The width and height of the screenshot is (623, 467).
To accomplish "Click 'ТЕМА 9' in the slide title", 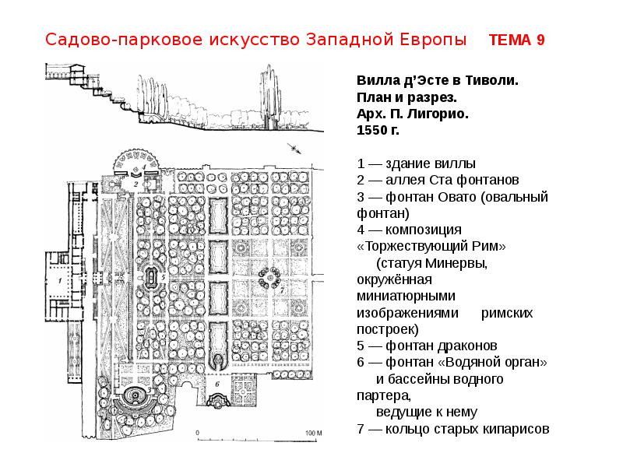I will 516,40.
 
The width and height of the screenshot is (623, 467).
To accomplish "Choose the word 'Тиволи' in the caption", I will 492,80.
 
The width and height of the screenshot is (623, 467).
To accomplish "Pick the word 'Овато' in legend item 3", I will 451,196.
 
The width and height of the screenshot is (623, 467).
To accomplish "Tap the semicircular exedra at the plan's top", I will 136,163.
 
